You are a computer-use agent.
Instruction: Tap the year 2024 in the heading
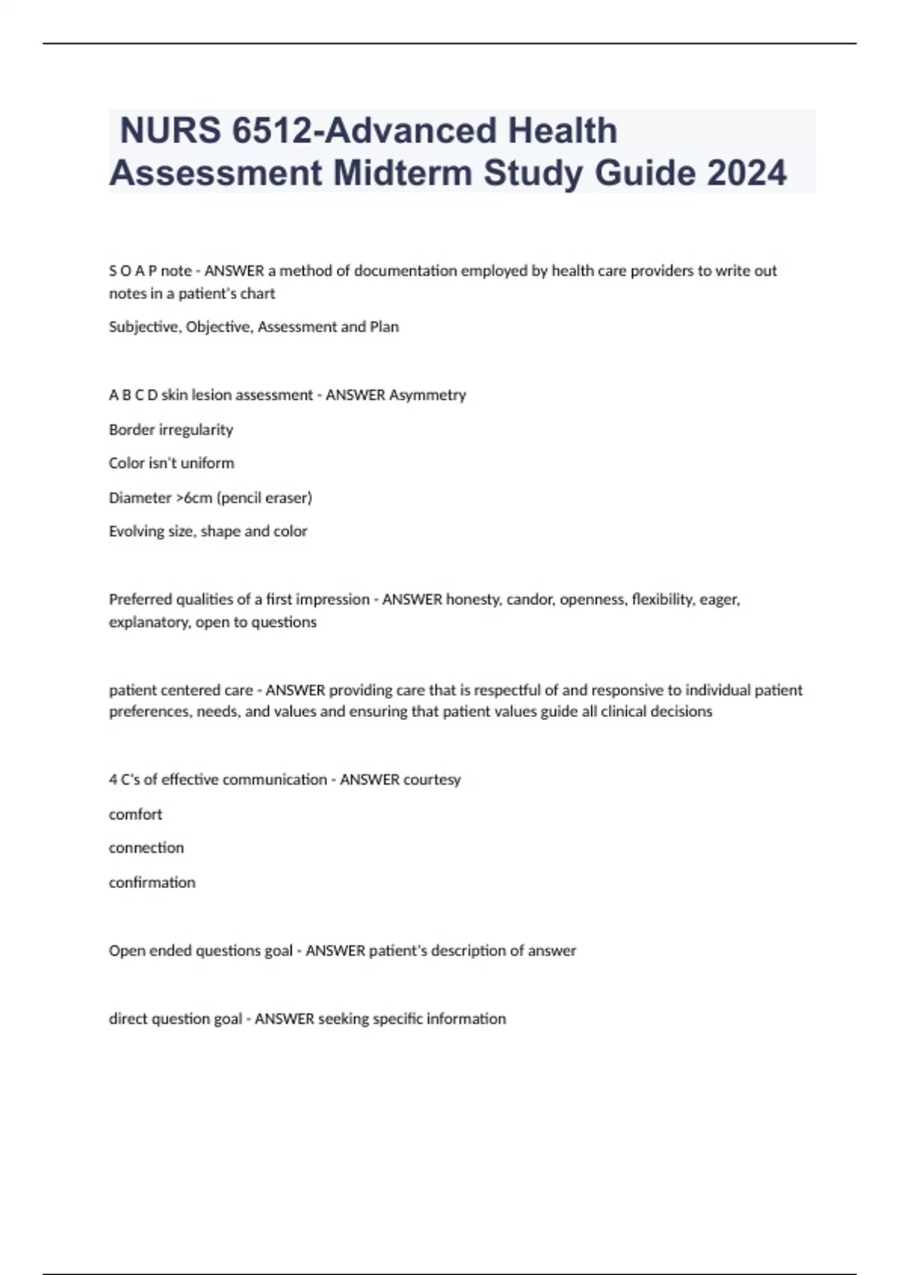[x=746, y=173]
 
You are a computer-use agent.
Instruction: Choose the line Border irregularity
[x=171, y=430]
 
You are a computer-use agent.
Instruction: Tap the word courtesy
[x=432, y=780]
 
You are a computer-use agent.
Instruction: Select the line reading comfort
[x=136, y=814]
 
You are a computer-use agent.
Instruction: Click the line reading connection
[x=146, y=848]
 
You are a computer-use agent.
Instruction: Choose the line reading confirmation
[x=152, y=883]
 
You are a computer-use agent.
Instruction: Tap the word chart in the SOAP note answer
[x=258, y=294]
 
